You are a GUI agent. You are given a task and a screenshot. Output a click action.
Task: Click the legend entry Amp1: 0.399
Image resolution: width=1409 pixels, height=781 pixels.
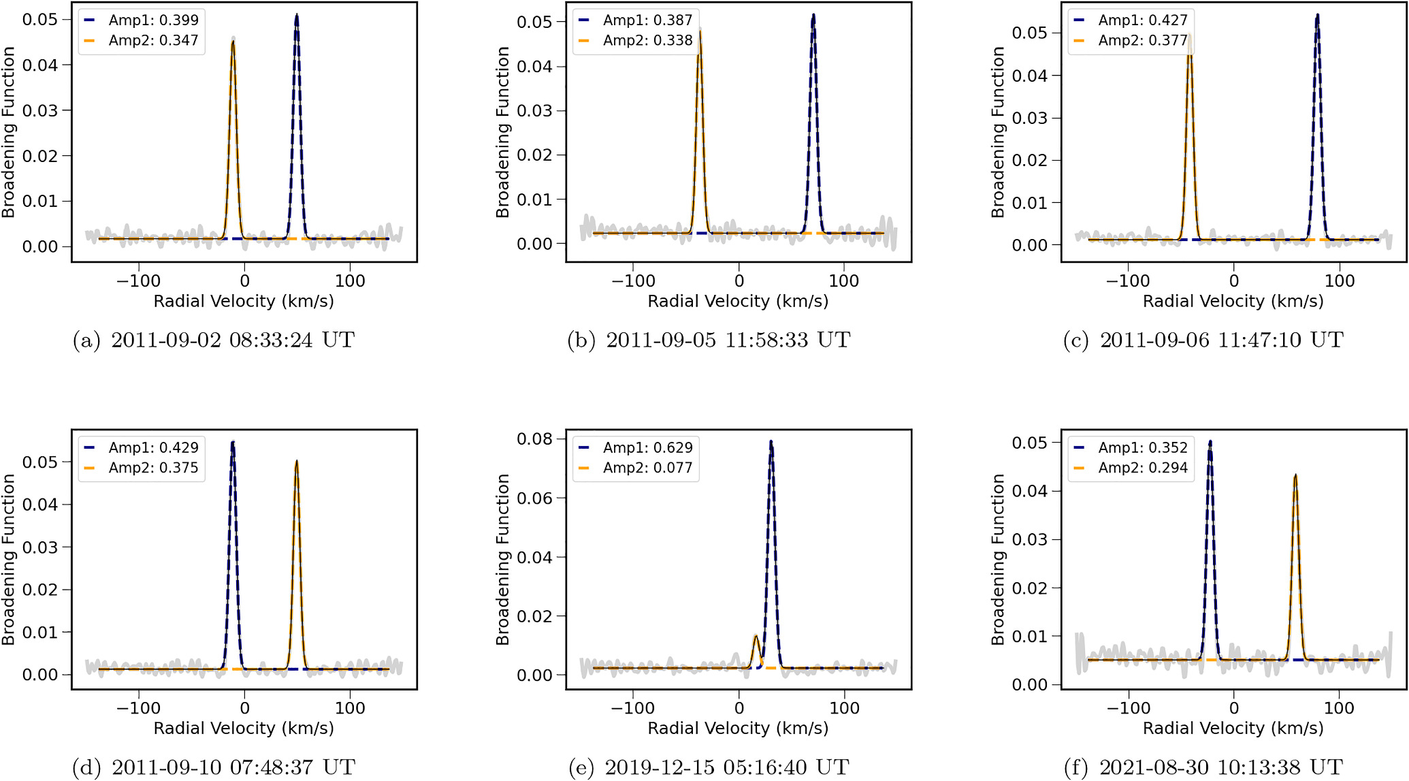[141, 20]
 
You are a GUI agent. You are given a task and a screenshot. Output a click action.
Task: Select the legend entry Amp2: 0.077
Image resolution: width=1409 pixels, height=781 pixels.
[635, 468]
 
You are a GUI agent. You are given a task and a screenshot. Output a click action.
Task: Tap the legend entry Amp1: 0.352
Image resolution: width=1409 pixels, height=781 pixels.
[1131, 447]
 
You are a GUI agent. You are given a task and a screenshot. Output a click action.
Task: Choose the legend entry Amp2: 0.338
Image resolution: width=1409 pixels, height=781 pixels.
[635, 40]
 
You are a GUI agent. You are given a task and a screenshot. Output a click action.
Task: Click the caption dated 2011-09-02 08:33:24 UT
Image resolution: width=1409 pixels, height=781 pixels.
[214, 340]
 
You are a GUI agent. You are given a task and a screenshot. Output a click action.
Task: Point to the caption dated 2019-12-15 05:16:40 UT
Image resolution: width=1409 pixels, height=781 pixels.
[709, 767]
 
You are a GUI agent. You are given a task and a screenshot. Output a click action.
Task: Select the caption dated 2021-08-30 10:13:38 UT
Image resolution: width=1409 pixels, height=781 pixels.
[1203, 767]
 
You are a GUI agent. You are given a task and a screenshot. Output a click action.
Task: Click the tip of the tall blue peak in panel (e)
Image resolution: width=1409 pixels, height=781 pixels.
[771, 441]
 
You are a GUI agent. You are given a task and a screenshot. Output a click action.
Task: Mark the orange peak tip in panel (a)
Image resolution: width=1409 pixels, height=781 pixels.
[233, 41]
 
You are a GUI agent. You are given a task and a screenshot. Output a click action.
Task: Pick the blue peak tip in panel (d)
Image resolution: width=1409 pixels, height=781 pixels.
[233, 442]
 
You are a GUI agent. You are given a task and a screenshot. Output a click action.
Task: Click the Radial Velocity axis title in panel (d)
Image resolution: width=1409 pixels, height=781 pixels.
[244, 728]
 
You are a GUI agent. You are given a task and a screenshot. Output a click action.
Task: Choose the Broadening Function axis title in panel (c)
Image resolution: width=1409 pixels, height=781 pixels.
[998, 132]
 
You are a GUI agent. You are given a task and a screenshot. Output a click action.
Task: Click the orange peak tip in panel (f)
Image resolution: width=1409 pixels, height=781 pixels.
[1295, 475]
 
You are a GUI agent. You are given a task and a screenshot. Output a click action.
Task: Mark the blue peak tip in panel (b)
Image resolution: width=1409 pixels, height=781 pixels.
[813, 14]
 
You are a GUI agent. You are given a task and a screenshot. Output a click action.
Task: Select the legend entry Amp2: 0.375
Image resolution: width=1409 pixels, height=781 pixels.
[141, 468]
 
